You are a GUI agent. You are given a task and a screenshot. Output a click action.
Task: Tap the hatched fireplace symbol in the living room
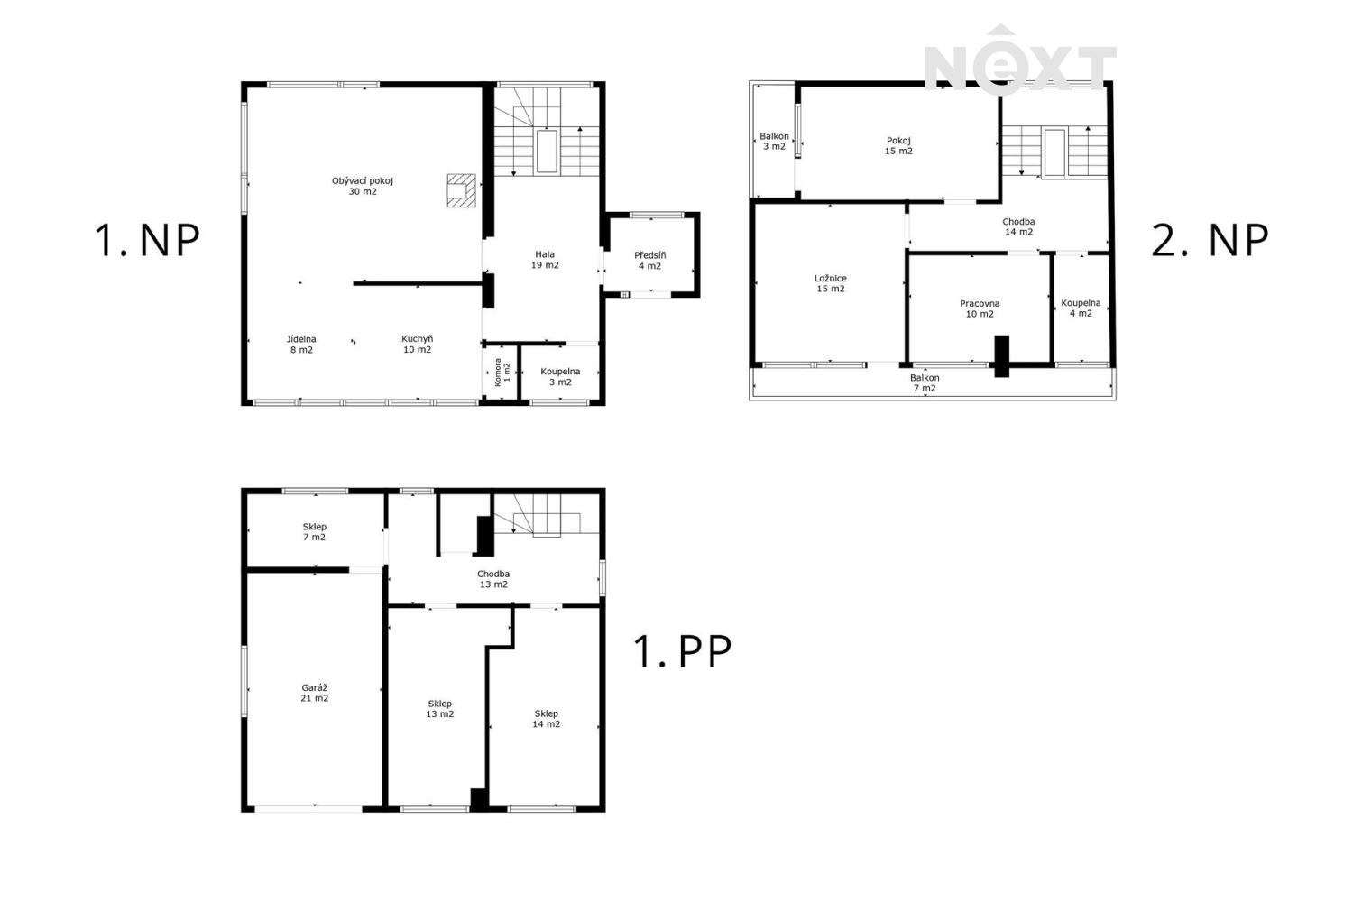461,190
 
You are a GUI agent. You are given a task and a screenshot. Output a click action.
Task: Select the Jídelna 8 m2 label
301,345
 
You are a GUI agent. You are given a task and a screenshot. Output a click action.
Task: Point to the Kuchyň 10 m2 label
418,345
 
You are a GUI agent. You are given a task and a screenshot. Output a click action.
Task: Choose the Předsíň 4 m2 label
650,261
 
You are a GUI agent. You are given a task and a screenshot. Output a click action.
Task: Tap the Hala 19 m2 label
545,260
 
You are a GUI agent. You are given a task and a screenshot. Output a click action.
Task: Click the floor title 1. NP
147,240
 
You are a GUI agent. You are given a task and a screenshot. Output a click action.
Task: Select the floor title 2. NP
1210,240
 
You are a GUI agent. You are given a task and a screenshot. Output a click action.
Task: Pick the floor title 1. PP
682,650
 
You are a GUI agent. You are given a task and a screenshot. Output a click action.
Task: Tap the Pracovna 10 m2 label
980,308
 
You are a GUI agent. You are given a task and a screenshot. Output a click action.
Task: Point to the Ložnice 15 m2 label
831,283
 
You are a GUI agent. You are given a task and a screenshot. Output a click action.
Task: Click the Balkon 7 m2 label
925,383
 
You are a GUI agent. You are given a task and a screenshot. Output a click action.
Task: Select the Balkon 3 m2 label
774,142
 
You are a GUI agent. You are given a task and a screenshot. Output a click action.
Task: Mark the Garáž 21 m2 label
315,693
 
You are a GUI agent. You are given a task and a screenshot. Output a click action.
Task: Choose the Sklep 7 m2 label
314,531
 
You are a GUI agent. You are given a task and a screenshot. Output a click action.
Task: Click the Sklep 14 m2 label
546,719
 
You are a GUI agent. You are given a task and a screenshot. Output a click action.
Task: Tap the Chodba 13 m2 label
493,579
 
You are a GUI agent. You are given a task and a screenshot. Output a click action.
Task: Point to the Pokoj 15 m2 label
898,145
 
